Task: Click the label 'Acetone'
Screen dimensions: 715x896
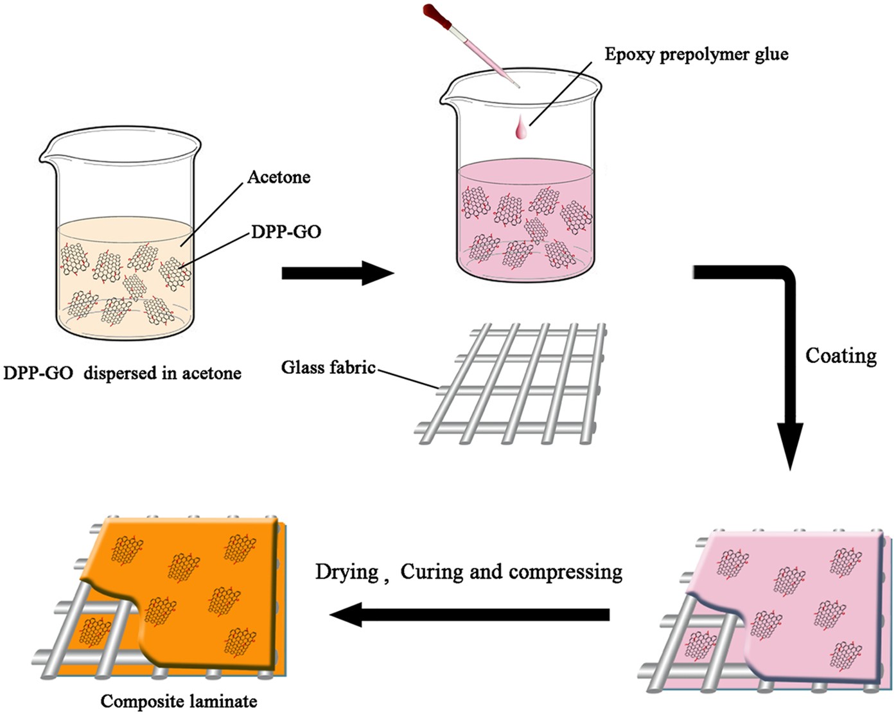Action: (279, 177)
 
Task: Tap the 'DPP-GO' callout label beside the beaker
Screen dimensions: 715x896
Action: (286, 232)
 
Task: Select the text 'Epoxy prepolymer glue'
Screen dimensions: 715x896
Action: (696, 54)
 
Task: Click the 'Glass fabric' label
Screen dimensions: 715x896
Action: (328, 367)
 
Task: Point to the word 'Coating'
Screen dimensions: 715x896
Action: (841, 356)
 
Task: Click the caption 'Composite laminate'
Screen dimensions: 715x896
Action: (179, 701)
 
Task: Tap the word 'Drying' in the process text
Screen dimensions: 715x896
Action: (346, 571)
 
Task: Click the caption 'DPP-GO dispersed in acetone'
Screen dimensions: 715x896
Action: (122, 373)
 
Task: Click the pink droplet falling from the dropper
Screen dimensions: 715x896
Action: (521, 129)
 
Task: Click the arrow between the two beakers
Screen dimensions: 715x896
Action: (337, 273)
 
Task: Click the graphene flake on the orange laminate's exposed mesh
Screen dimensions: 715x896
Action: (93, 631)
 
